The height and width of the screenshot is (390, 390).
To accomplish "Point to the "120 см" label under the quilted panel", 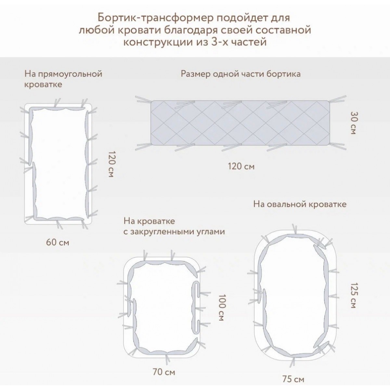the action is click(241, 166).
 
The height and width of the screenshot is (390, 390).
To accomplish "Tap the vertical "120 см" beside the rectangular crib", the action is click(112, 164).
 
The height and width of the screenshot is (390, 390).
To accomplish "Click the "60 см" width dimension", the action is click(58, 242).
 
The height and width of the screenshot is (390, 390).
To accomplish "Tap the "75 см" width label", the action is click(293, 379).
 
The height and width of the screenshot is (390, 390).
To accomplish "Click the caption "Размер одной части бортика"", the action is click(240, 74).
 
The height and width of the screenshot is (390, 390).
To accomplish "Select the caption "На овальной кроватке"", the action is click(300, 204).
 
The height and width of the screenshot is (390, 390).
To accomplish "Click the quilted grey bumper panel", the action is click(240, 123).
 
